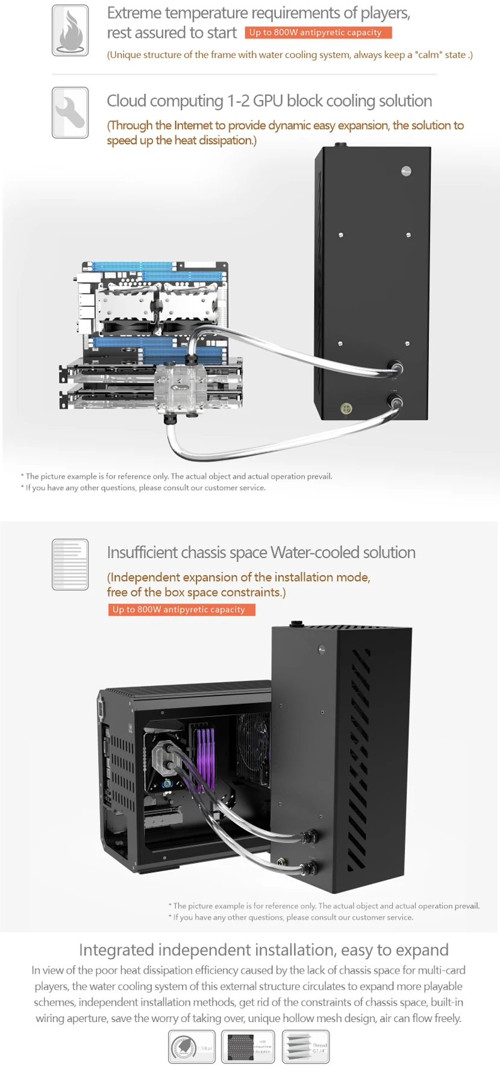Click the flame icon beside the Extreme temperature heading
click(70, 31)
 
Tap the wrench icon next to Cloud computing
click(70, 113)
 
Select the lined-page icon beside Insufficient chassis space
click(70, 564)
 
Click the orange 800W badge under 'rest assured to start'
click(318, 33)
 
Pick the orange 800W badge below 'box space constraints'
click(181, 610)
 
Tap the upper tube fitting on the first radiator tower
click(395, 367)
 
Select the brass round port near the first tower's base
click(346, 409)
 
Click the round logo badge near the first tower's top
click(407, 172)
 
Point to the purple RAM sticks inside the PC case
click(205, 756)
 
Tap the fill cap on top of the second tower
click(296, 624)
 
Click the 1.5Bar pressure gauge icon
click(191, 1047)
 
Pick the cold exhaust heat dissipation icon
click(248, 1047)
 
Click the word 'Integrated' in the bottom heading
click(116, 950)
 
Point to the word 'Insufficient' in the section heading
click(142, 553)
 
